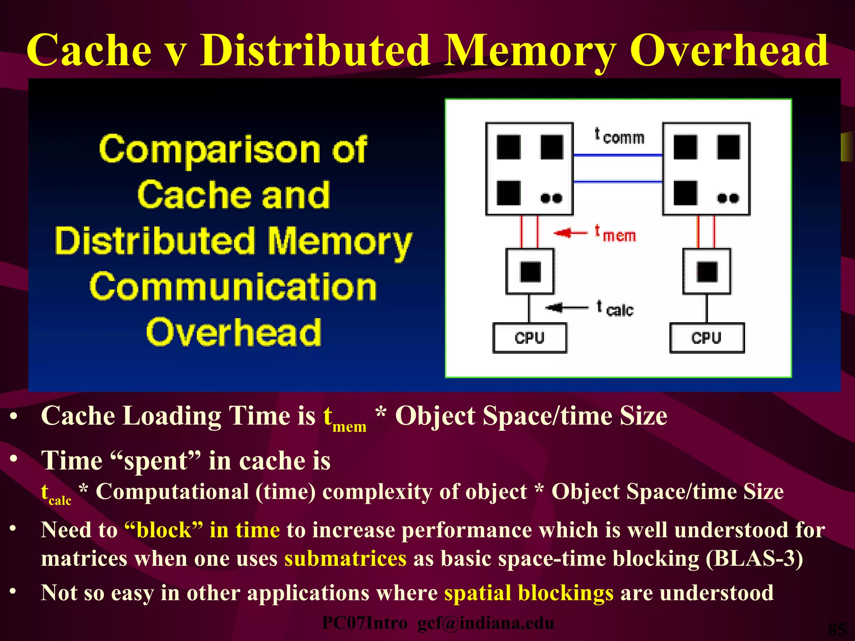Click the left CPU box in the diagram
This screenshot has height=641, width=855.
click(529, 338)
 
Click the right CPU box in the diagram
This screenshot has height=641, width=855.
click(706, 338)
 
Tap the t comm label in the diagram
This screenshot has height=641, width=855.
click(620, 136)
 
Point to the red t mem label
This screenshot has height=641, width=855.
click(616, 234)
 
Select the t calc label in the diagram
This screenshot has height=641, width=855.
click(616, 309)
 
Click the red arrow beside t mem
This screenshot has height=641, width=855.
click(570, 232)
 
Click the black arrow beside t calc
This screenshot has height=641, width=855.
click(566, 308)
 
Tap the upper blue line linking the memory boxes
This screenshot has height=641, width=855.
click(618, 155)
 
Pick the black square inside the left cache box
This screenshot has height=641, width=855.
click(530, 272)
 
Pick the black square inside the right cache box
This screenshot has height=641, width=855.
click(707, 272)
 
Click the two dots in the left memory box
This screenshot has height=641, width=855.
click(551, 198)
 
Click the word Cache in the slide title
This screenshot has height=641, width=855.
click(89, 51)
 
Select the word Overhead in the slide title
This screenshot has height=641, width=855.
click(729, 51)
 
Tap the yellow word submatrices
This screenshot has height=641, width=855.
click(345, 559)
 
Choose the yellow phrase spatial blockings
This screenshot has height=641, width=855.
click(529, 593)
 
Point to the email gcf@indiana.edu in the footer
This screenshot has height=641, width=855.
click(486, 623)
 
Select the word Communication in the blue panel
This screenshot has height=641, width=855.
click(233, 287)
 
